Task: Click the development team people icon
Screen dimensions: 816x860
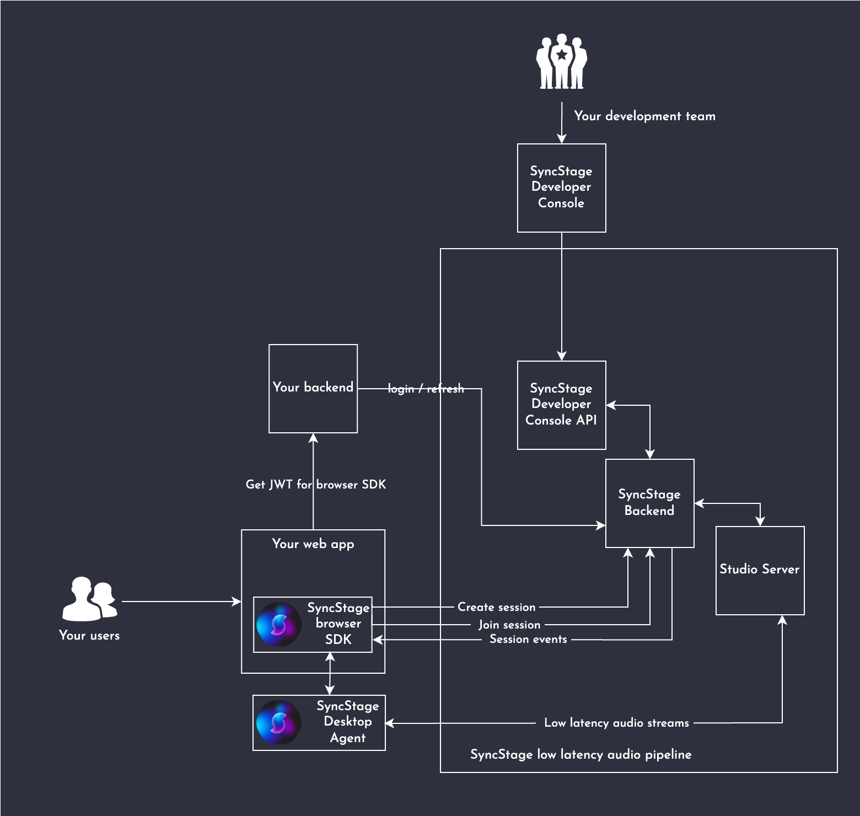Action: coord(561,62)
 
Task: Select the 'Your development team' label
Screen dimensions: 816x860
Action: coord(644,116)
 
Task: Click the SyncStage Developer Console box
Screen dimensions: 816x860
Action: coord(561,187)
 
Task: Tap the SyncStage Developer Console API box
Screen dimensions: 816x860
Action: coord(561,405)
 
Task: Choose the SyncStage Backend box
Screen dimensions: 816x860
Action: coord(649,503)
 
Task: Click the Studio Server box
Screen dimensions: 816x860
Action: coord(760,570)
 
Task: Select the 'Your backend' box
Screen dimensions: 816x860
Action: coord(313,388)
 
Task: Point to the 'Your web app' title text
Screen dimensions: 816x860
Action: coord(313,544)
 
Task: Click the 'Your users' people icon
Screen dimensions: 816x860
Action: coord(89,599)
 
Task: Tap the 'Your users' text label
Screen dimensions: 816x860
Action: coord(89,636)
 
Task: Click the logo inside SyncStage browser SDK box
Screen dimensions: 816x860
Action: coord(278,625)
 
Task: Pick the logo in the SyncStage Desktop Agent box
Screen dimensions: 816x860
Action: coord(278,723)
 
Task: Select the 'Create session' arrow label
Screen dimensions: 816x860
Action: coord(496,607)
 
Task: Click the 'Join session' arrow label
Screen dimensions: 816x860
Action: coord(509,625)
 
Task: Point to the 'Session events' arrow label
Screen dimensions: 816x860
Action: coord(528,640)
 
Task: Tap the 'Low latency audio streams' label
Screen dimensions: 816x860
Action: coord(616,723)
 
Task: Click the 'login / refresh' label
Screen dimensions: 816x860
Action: coord(426,389)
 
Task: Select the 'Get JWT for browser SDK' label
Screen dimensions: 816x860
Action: coord(315,485)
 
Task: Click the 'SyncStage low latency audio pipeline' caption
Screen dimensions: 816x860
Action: coord(580,754)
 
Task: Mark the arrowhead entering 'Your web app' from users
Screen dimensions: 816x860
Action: coord(238,602)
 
